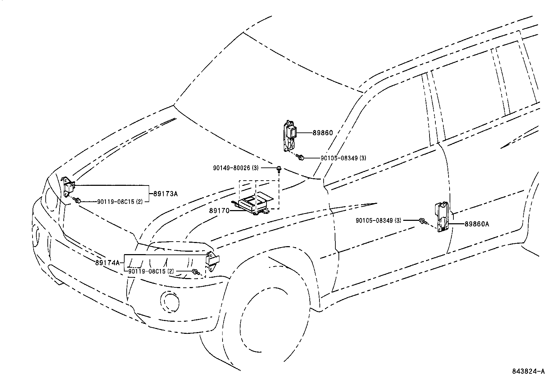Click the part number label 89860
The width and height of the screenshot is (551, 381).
(x=323, y=133)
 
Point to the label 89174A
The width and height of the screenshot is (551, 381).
(x=107, y=263)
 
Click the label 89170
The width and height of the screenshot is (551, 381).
(x=219, y=210)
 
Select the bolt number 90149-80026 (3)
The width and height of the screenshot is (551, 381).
(x=236, y=168)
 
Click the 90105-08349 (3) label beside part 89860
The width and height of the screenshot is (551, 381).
(x=343, y=158)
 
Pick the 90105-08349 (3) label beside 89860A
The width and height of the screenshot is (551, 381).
(x=378, y=220)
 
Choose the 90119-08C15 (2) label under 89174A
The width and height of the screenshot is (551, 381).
(x=151, y=271)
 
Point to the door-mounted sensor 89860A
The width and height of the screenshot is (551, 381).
(x=441, y=217)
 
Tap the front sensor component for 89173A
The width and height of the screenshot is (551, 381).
(x=69, y=188)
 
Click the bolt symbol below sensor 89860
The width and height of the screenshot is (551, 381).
(x=301, y=158)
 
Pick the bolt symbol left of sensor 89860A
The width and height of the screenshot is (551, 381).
(x=422, y=220)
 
